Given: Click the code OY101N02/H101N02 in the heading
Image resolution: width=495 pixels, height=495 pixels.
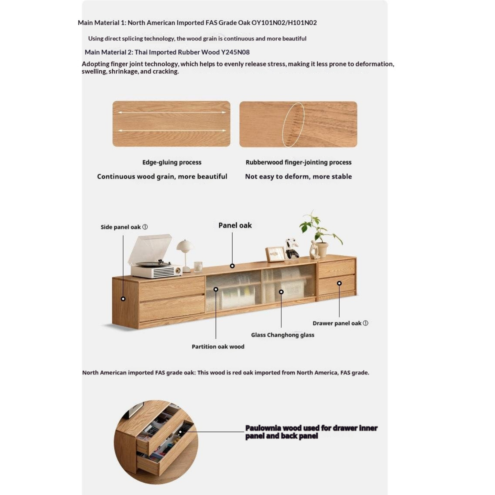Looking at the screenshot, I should (x=284, y=23).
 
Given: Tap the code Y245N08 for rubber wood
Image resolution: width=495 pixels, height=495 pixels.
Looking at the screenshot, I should (x=235, y=52).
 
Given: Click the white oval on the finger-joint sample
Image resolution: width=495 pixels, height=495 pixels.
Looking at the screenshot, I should (x=293, y=125).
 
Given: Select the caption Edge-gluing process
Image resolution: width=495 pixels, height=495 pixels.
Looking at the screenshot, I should (x=172, y=162).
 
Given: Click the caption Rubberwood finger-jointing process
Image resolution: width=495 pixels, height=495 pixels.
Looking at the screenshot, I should (x=298, y=162).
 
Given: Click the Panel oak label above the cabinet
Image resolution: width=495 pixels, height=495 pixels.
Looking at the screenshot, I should (x=235, y=225).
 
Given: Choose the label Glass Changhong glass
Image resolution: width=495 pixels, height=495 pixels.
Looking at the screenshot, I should (x=282, y=335).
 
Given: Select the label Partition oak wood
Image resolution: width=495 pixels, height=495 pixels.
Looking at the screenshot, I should (x=218, y=346).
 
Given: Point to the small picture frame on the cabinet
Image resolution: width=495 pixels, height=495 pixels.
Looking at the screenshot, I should (x=275, y=254).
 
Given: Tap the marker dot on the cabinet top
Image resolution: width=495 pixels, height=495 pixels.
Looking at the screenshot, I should (x=232, y=266).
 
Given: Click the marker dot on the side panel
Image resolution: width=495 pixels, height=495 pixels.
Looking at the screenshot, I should (x=123, y=299).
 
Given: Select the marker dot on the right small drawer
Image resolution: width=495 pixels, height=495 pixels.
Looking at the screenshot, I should (x=339, y=283).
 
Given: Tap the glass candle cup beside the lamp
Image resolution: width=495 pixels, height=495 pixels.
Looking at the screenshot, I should (x=198, y=266).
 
